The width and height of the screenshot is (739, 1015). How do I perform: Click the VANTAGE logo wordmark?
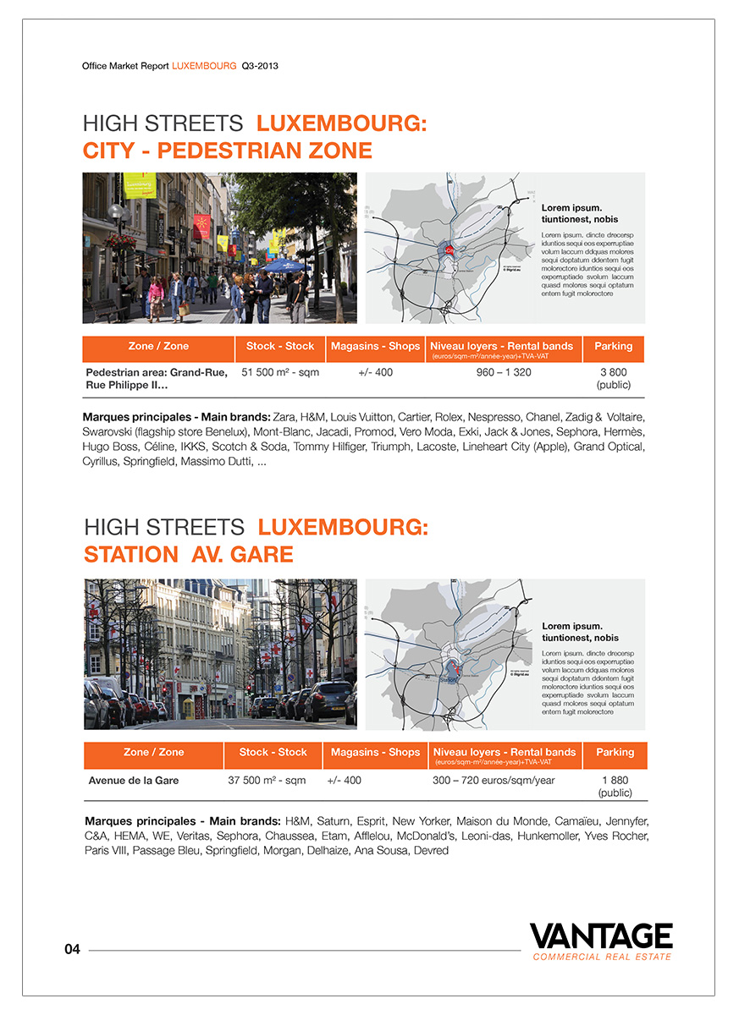pyautogui.click(x=601, y=936)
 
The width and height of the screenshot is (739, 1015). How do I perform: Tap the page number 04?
pyautogui.click(x=72, y=950)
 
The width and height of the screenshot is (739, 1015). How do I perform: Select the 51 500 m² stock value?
pyautogui.click(x=280, y=372)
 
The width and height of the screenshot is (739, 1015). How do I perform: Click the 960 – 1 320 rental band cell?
pyautogui.click(x=504, y=372)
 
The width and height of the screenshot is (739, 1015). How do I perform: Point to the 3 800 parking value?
pyautogui.click(x=614, y=372)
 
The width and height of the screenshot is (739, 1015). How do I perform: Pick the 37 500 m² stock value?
pyautogui.click(x=267, y=780)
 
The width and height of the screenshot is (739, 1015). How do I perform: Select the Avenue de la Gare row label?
pyautogui.click(x=134, y=780)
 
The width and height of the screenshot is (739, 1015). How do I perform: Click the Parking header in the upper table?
pyautogui.click(x=614, y=346)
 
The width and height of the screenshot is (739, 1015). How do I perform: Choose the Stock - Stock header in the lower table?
pyautogui.click(x=273, y=752)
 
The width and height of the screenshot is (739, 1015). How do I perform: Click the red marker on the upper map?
pyautogui.click(x=449, y=249)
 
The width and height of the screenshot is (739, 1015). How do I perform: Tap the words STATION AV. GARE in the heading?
pyautogui.click(x=189, y=555)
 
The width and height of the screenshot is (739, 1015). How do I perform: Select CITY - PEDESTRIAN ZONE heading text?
pyautogui.click(x=227, y=151)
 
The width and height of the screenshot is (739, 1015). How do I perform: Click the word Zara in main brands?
pyautogui.click(x=285, y=417)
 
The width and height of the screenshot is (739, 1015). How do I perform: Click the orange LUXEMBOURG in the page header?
pyautogui.click(x=204, y=64)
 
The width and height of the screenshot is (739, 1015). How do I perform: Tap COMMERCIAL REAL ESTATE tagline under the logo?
pyautogui.click(x=602, y=957)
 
